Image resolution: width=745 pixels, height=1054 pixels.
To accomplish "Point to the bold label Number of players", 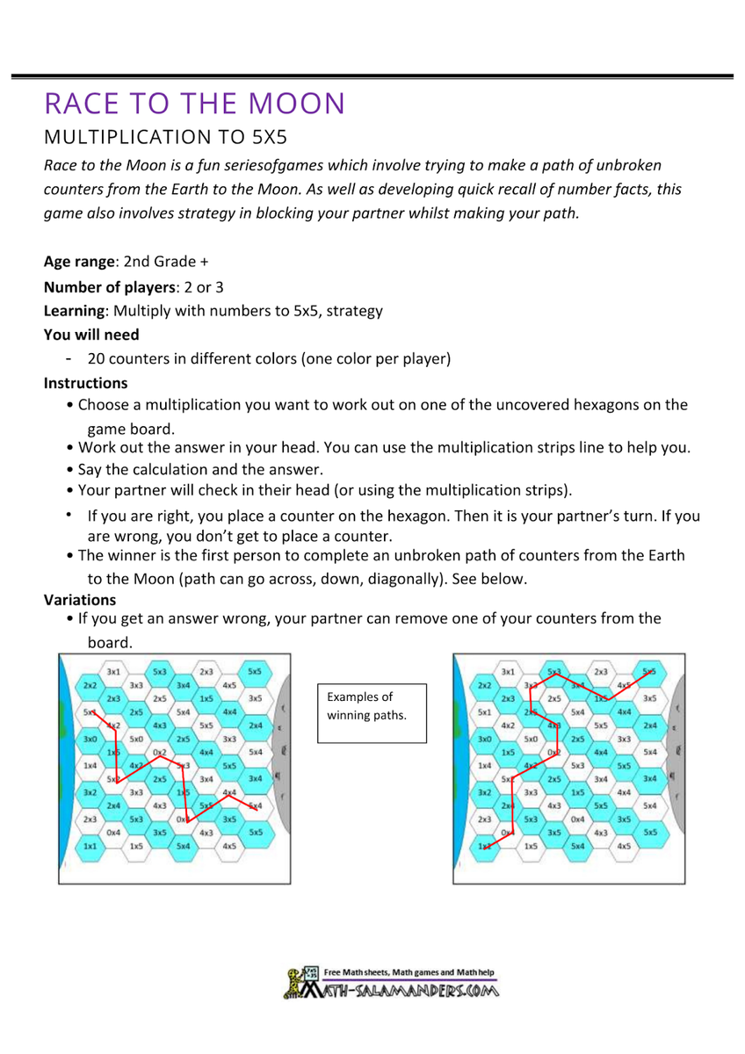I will click(x=105, y=286).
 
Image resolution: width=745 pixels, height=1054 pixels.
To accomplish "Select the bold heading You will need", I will click(x=91, y=335).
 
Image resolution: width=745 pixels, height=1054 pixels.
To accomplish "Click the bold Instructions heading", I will click(x=85, y=383).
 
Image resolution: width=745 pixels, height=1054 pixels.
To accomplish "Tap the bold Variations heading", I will click(x=80, y=600).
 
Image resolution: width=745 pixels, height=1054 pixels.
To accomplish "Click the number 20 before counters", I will click(x=95, y=358).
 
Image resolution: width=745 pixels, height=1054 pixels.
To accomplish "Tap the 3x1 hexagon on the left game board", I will click(x=113, y=671).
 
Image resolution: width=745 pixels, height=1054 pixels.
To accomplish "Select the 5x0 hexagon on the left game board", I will click(x=137, y=740).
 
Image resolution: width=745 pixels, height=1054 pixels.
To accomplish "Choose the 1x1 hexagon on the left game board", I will click(x=90, y=845).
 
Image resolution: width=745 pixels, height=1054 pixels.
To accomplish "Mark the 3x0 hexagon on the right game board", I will click(x=484, y=740).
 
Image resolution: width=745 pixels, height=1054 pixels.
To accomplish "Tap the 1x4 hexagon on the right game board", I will click(x=484, y=765).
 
